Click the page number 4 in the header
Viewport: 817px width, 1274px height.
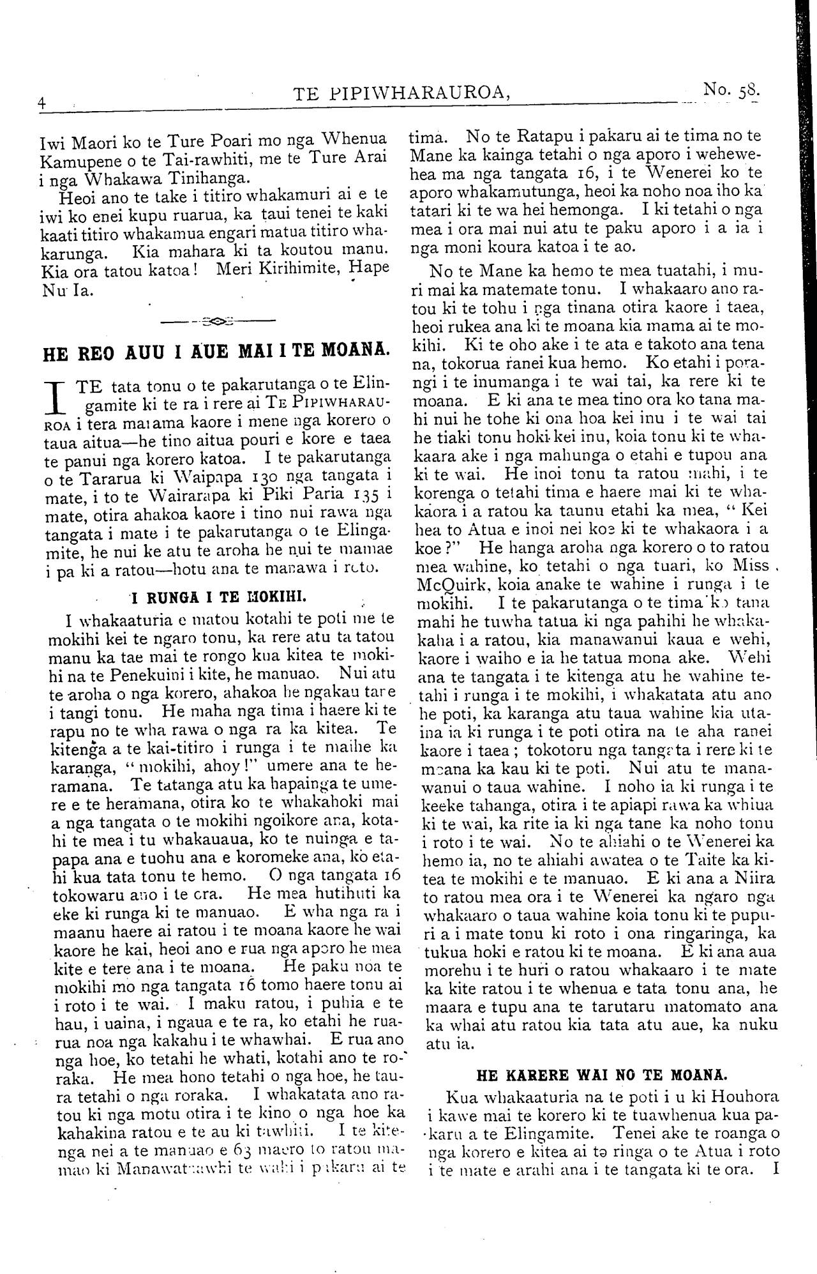[41, 102]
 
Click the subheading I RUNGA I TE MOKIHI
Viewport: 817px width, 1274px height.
[219, 597]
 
